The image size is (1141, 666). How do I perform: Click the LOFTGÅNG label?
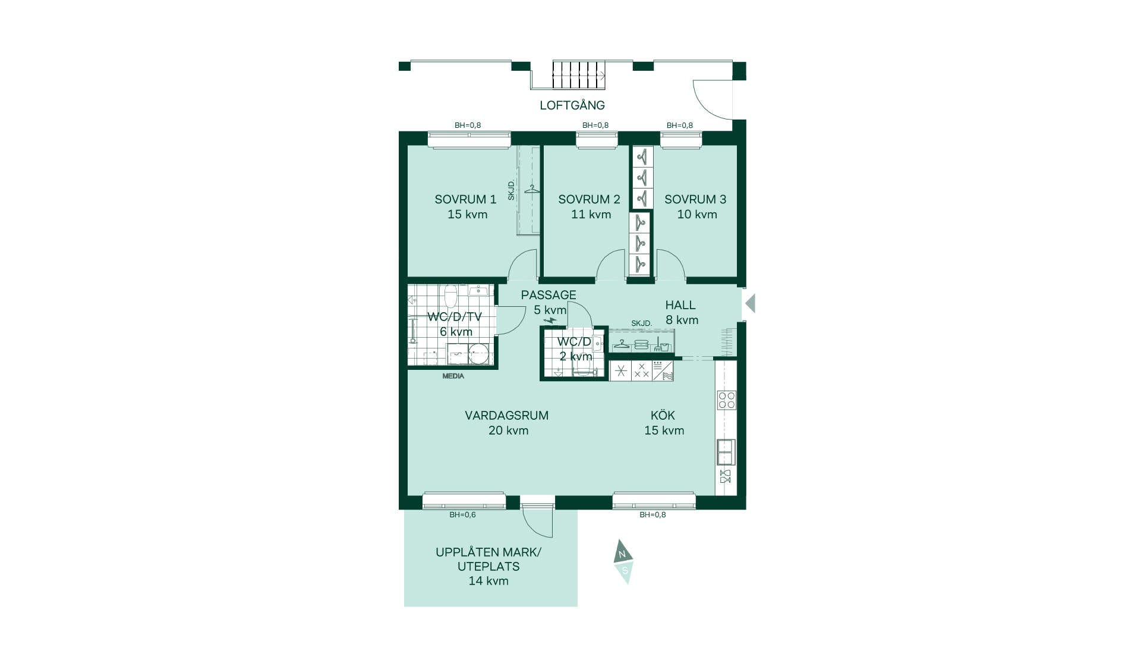point(572,105)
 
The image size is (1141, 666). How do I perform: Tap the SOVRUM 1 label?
point(465,199)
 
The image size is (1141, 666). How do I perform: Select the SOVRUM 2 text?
point(589,199)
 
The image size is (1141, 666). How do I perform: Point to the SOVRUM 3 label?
point(695,199)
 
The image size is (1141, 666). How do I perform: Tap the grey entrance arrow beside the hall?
point(750,303)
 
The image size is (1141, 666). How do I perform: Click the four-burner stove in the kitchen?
point(726,400)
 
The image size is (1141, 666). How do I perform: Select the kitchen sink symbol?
point(726,452)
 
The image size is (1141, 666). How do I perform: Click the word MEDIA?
point(453,376)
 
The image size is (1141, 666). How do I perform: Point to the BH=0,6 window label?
point(462,515)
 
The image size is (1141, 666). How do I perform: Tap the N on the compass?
point(622,554)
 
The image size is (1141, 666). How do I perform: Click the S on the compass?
point(625,571)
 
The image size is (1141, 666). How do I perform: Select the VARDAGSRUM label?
point(506,416)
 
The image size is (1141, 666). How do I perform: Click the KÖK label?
point(663,415)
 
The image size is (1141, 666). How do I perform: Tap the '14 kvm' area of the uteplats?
point(488,581)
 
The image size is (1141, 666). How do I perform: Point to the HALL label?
point(680,305)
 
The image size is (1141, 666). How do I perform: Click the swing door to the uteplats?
point(537,521)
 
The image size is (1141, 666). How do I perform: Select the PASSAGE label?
point(549,295)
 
